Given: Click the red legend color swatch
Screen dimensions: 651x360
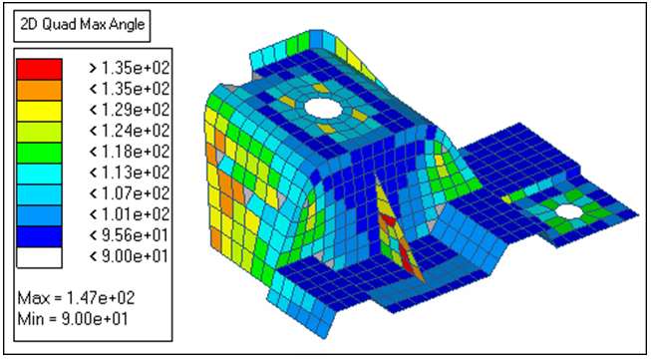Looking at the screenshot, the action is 40,69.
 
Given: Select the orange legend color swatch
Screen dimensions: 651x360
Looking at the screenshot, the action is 40,90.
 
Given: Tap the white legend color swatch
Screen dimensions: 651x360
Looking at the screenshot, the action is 40,258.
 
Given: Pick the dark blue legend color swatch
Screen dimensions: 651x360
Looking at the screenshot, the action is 40,236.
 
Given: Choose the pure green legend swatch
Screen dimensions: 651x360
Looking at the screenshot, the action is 40,153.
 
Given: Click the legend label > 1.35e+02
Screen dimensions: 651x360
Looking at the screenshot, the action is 130,68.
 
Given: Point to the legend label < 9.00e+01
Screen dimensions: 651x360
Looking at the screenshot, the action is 130,255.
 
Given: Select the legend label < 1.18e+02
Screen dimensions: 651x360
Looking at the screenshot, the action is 130,152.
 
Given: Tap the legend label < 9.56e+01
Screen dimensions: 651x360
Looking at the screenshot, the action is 130,235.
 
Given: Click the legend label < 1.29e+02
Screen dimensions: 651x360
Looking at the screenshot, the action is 130,110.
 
